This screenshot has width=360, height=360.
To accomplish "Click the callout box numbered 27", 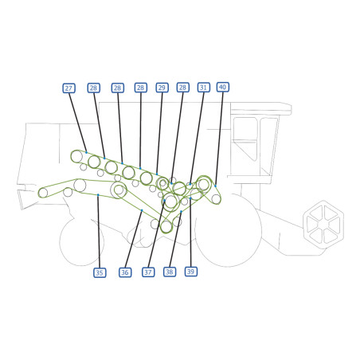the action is click(68, 88).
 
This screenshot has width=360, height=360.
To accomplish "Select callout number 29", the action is click(162, 88).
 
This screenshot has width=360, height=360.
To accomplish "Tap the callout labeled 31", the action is click(204, 88).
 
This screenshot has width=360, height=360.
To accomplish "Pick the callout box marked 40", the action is click(223, 87).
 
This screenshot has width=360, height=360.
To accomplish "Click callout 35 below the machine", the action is click(100, 272).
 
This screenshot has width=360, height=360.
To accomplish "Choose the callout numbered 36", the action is click(125, 272).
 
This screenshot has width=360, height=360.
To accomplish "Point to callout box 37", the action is click(148, 272).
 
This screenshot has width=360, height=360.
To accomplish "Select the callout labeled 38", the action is click(170, 272).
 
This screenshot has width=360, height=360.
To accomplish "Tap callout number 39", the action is click(191, 272).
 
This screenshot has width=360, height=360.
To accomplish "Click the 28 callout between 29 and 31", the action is click(183, 88).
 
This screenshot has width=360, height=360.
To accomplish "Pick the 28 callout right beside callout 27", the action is click(94, 88).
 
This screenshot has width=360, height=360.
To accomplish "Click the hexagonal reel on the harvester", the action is click(323, 225).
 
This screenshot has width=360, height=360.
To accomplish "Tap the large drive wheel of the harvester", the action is click(228, 230).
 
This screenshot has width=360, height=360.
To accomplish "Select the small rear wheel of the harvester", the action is click(82, 241).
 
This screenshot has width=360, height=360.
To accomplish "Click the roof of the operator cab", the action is click(261, 108).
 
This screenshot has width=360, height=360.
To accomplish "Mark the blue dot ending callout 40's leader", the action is click(215, 186).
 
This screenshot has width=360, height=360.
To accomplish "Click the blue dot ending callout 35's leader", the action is click(98, 195).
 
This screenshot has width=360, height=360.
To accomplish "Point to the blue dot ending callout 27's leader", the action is click(86, 152).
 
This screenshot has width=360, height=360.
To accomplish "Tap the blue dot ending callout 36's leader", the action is click(142, 210).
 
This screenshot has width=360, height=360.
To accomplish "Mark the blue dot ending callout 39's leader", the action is click(190, 198).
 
